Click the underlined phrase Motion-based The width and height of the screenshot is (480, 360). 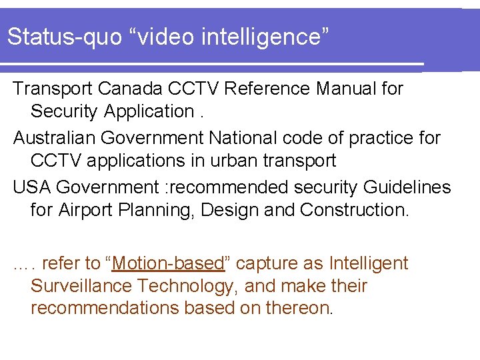tap(168, 263)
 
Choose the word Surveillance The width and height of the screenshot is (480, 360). tap(81, 286)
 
